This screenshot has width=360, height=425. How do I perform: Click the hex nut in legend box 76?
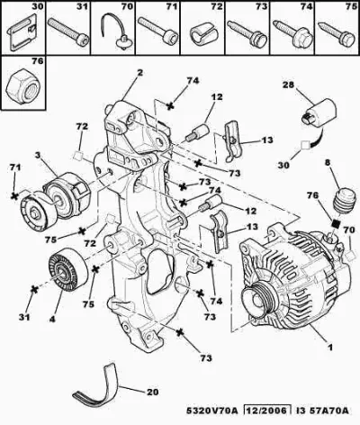23,87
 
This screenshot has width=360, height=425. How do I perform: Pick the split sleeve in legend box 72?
202,34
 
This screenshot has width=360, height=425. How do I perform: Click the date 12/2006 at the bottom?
267,410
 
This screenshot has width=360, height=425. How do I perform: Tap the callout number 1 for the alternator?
329,348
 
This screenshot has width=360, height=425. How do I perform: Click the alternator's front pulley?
257,300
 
